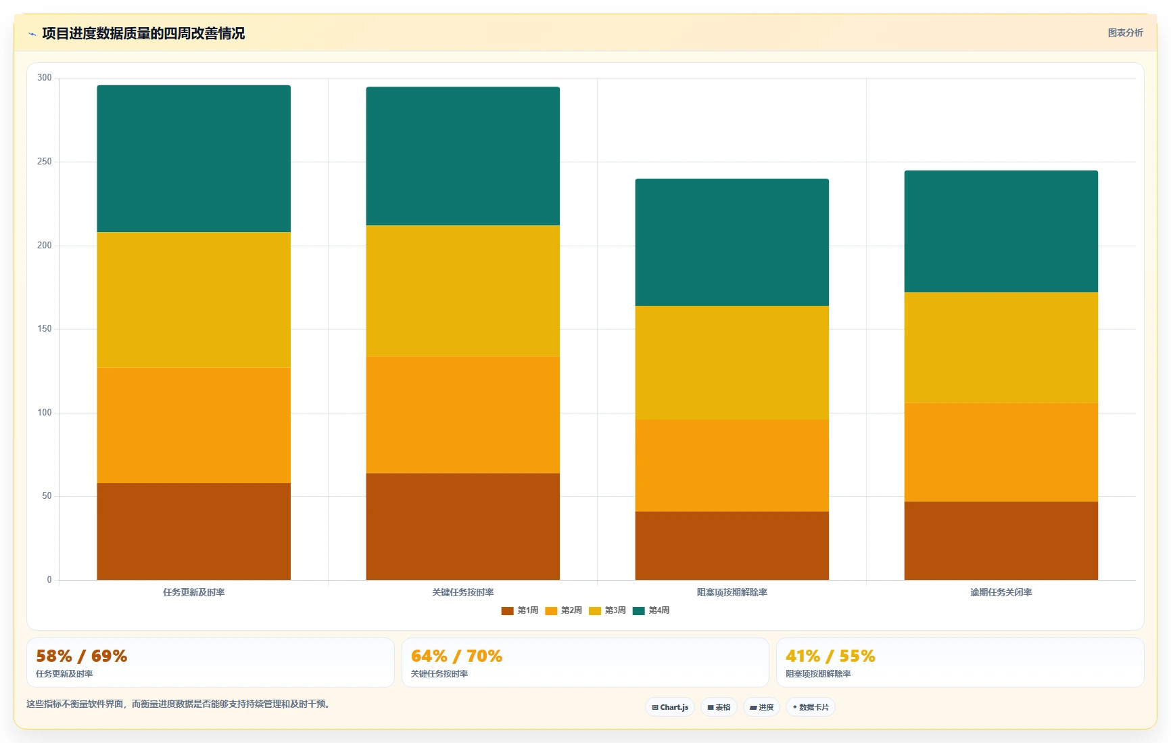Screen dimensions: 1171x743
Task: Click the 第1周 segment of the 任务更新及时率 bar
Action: [x=193, y=531]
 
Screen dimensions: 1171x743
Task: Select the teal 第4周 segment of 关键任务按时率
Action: [x=462, y=156]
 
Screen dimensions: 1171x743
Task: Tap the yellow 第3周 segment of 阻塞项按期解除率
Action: [x=732, y=363]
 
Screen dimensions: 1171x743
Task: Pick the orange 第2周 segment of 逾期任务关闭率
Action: [x=1001, y=453]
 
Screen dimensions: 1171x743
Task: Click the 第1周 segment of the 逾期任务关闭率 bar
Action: [x=1001, y=541]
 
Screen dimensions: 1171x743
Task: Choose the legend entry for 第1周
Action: [x=519, y=610]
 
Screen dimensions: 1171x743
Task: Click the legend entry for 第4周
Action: [x=650, y=610]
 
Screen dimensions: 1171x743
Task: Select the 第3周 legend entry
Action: [x=607, y=610]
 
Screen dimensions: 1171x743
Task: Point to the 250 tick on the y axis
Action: [x=45, y=162]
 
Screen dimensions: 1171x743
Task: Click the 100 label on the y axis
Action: [x=45, y=413]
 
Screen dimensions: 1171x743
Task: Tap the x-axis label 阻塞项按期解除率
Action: [x=732, y=592]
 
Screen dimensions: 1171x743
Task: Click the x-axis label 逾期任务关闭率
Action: [x=1001, y=592]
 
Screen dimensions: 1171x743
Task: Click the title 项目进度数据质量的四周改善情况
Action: [x=143, y=33]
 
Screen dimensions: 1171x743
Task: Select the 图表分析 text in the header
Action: [x=1125, y=32]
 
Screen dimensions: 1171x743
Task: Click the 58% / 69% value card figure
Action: [x=81, y=656]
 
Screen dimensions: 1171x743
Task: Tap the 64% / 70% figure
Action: [x=456, y=656]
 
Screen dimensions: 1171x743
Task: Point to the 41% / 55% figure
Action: [x=830, y=656]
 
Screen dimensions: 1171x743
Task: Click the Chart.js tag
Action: [x=670, y=707]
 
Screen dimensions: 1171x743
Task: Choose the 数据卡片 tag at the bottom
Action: [x=810, y=707]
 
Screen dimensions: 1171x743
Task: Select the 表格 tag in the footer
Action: [x=719, y=707]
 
